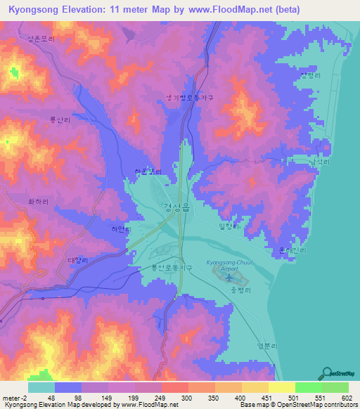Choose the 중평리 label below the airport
coord(240,289)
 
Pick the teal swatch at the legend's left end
coord(41,387)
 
